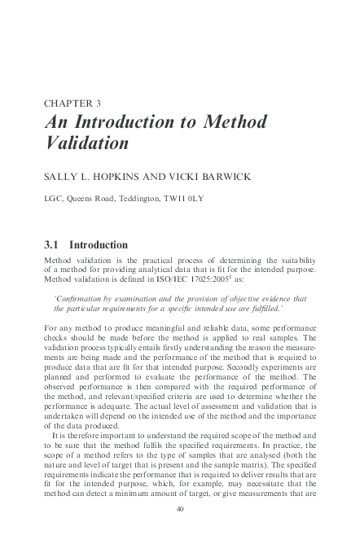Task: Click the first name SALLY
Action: point(62,173)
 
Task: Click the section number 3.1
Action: point(51,244)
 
